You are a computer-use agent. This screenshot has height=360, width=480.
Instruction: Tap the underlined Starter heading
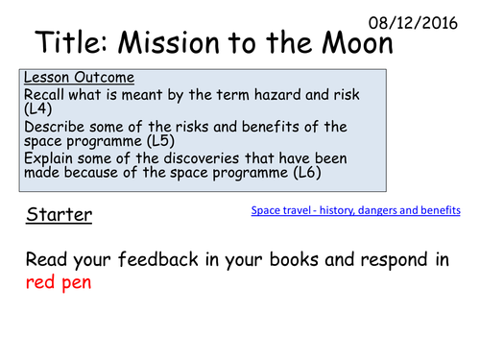click(x=60, y=214)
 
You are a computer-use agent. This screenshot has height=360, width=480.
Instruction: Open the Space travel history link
click(x=355, y=209)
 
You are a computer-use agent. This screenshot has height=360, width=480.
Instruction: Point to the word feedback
click(x=142, y=260)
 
